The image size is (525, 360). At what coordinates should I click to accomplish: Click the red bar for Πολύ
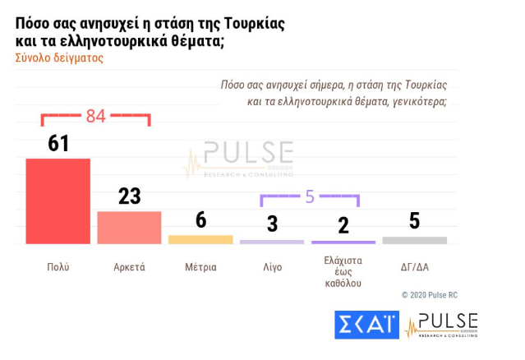click(58, 201)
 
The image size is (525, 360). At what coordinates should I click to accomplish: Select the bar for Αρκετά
click(129, 228)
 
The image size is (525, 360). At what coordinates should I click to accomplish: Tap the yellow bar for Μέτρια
click(200, 239)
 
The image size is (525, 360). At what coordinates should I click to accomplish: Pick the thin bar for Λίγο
click(272, 242)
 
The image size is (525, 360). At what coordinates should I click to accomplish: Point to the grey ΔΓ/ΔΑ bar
click(415, 240)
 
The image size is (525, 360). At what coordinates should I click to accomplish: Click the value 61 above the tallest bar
click(58, 144)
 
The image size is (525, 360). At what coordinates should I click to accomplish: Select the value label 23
click(129, 196)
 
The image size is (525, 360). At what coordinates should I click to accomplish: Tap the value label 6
click(200, 221)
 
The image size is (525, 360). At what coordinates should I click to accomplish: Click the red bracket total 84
click(96, 116)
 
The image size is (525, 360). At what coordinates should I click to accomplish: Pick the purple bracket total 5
click(310, 196)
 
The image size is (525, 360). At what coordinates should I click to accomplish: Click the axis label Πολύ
click(58, 267)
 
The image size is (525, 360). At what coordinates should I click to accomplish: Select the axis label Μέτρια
click(200, 267)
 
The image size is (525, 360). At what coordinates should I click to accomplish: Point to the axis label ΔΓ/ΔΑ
click(415, 267)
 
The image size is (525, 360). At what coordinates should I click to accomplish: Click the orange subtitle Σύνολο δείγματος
click(59, 59)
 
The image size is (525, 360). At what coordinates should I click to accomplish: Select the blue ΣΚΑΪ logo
click(367, 325)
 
